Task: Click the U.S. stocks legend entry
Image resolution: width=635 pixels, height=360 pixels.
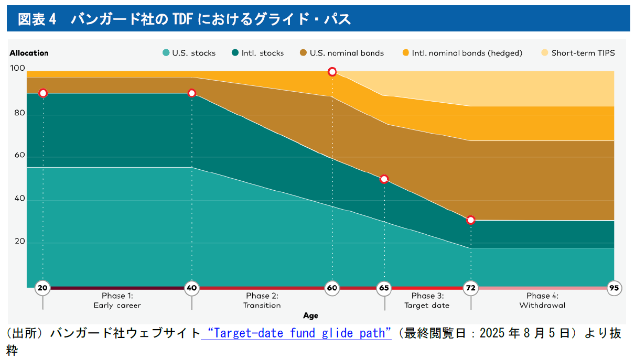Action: [x=189, y=53]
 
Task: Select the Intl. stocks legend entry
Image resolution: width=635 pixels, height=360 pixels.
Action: [x=258, y=53]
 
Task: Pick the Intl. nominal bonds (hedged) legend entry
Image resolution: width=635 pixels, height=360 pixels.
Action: [x=462, y=53]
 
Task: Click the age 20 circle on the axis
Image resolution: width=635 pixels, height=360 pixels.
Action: [x=43, y=288]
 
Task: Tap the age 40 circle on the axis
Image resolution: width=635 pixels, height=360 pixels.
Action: [x=192, y=288]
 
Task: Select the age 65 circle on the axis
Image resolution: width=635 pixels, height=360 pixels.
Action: [x=384, y=288]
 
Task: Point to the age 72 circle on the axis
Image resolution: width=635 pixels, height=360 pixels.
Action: [x=471, y=288]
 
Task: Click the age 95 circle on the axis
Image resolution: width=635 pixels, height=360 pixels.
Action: [x=614, y=288]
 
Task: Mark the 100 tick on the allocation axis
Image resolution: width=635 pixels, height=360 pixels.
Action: [x=18, y=68]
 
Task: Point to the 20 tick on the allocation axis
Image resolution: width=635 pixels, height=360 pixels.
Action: [x=19, y=242]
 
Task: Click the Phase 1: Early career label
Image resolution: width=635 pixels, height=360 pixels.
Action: [x=117, y=300]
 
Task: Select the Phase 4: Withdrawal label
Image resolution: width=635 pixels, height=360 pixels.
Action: [x=542, y=300]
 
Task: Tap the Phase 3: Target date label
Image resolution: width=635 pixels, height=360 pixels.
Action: [x=427, y=300]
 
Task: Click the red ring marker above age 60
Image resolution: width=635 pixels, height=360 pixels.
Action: [x=332, y=72]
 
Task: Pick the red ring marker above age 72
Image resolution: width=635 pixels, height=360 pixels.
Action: [x=471, y=220]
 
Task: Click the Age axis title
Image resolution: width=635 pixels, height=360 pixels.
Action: [x=310, y=316]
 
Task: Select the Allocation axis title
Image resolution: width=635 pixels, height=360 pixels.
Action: [x=29, y=53]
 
